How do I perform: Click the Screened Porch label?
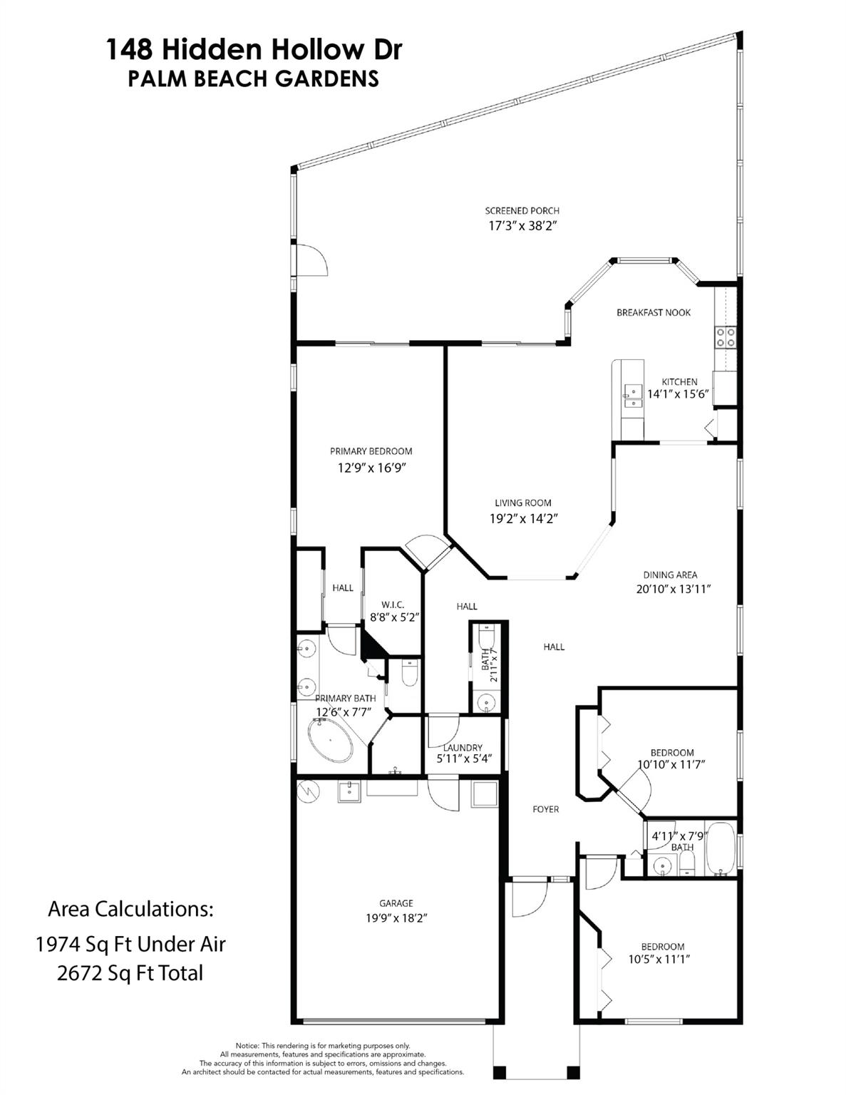pos(522,210)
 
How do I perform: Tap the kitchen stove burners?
pos(726,337)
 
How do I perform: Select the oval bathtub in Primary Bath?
pos(330,740)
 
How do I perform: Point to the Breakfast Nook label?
pos(654,312)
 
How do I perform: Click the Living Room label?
pos(522,503)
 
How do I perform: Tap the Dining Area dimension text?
pos(674,589)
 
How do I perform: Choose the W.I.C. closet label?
pos(393,605)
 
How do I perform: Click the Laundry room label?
pos(463,748)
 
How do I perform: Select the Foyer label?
pos(546,809)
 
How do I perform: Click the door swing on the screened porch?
pos(311,259)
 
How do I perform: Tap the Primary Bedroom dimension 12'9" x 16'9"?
pos(371,468)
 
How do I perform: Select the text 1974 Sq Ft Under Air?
pos(130,944)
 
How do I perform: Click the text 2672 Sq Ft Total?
pos(130,973)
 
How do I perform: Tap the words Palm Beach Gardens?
pos(253,78)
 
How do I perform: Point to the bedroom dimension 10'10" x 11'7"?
pos(671,764)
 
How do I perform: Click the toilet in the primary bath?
pos(409,674)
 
